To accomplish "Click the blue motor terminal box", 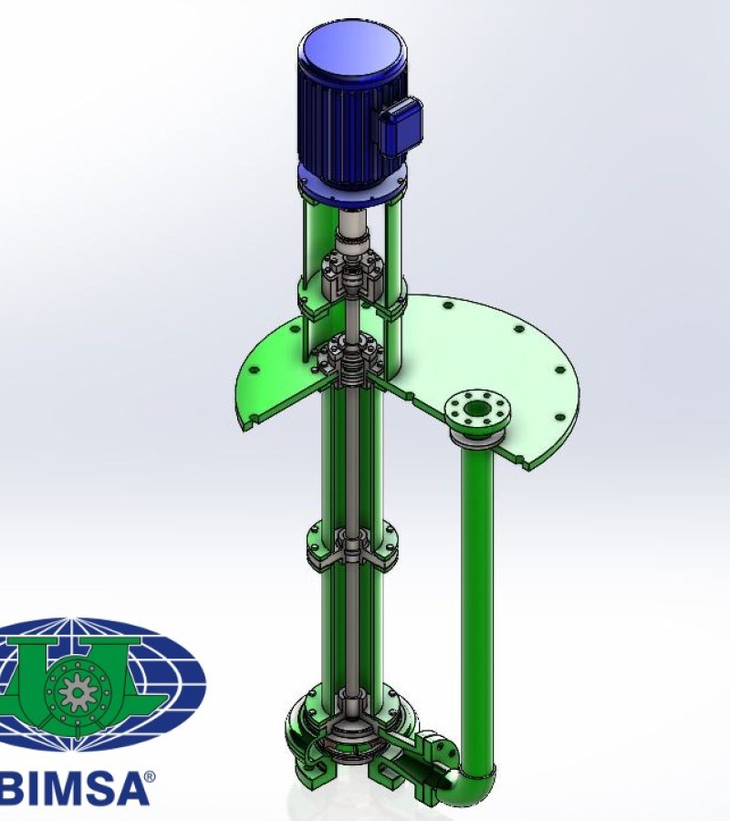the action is pyautogui.click(x=402, y=126).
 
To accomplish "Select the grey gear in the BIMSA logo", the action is pyautogui.click(x=78, y=691).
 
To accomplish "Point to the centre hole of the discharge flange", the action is pyautogui.click(x=475, y=409).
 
